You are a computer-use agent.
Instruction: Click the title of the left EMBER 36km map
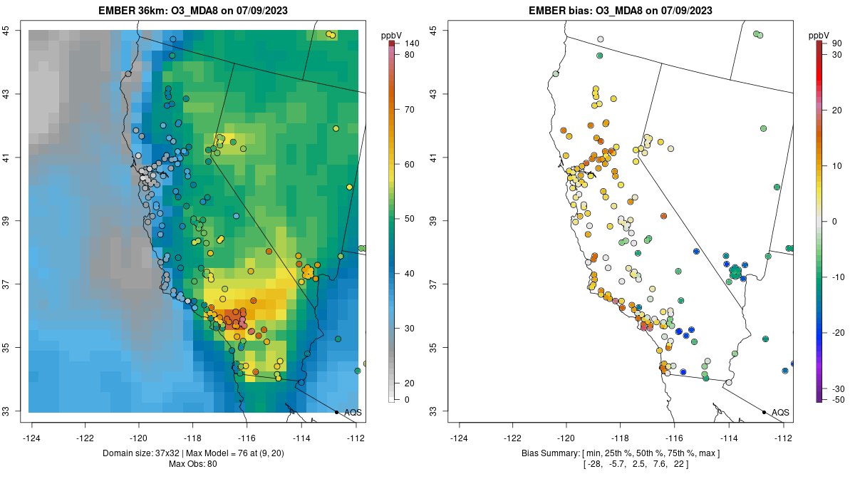(x=193, y=11)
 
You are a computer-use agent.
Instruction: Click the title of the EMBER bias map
(x=621, y=11)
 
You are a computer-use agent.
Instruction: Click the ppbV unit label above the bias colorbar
(x=820, y=34)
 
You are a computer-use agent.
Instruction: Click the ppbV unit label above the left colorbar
(x=392, y=34)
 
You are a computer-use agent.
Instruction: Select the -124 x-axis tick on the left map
(x=32, y=437)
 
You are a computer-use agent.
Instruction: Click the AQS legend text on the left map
(x=353, y=413)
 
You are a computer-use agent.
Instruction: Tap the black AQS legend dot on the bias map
(x=764, y=413)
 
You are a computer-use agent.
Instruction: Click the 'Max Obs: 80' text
(x=193, y=465)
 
